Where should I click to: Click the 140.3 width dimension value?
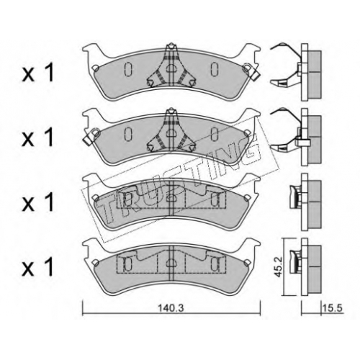tap(171, 308)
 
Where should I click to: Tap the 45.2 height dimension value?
tap(279, 267)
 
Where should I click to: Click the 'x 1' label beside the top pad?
tap(37, 73)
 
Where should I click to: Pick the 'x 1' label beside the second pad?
tap(37, 138)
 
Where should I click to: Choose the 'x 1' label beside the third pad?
tap(37, 204)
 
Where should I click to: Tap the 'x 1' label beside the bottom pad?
tap(37, 268)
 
